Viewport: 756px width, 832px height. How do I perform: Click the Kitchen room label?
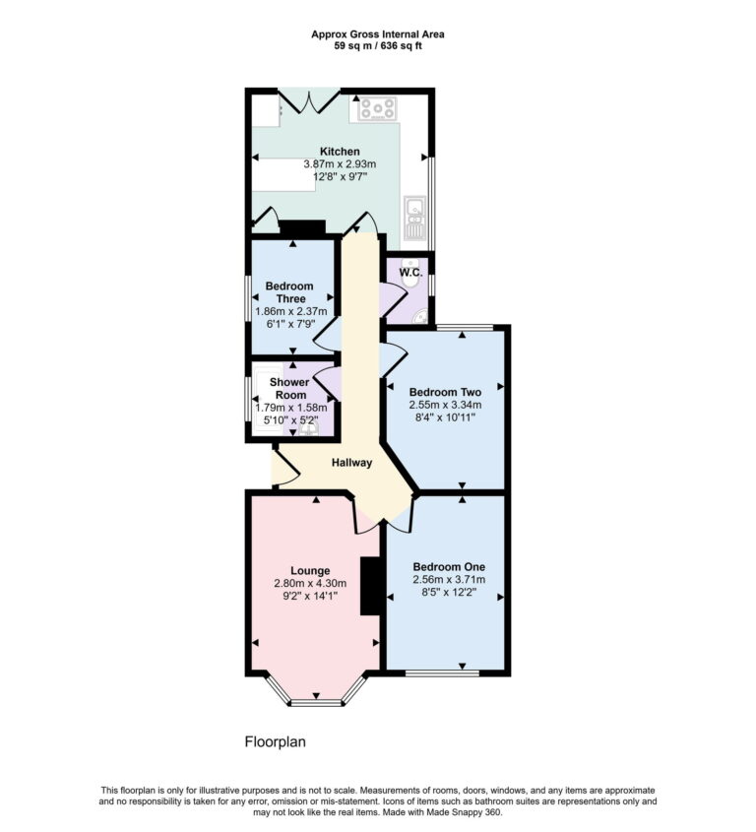click(325, 152)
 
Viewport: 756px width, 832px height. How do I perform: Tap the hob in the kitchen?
click(377, 107)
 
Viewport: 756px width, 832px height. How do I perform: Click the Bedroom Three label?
click(289, 292)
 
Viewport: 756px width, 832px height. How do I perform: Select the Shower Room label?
click(289, 388)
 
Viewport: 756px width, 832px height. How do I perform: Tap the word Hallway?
click(352, 463)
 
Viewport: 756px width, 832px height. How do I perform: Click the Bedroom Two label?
click(443, 391)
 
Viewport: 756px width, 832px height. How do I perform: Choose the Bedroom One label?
click(448, 567)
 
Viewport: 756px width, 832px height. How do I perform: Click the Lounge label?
click(310, 570)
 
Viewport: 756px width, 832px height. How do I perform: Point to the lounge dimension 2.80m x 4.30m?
click(310, 583)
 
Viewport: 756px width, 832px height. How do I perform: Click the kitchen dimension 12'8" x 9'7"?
click(325, 177)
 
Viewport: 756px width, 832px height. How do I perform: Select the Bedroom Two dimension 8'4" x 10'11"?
click(443, 416)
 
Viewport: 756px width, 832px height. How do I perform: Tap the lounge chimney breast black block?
click(371, 586)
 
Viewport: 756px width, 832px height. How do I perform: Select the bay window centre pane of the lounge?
click(316, 702)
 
